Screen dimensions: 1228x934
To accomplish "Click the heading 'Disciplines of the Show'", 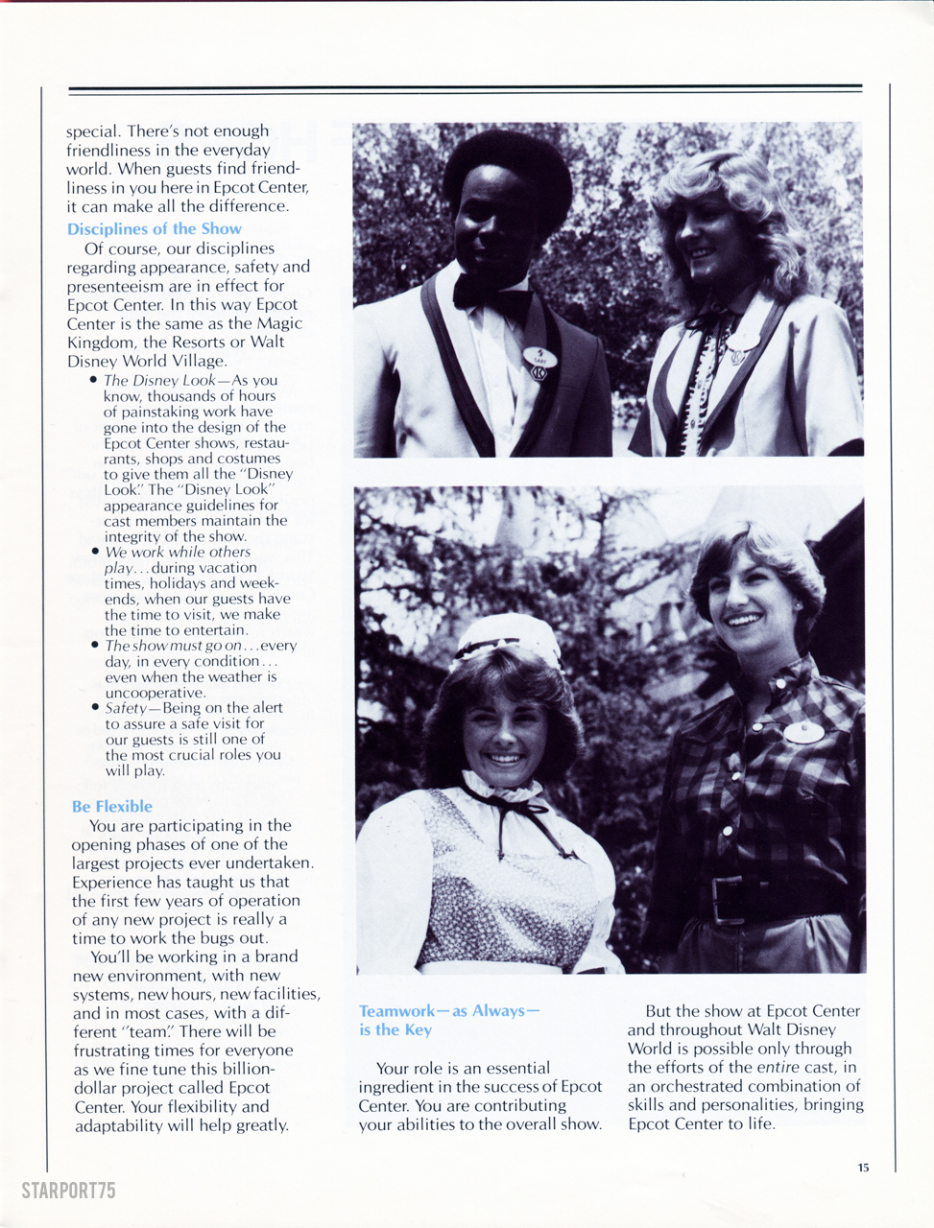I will point(154,229).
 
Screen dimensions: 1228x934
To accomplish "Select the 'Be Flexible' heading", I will point(111,807).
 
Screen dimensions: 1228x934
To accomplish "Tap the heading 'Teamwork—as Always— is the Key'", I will point(448,1020).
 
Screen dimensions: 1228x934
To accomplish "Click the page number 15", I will point(863,1168).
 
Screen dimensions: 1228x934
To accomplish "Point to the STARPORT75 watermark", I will point(68,1191).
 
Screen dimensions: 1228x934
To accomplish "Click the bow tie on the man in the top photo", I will point(491,291).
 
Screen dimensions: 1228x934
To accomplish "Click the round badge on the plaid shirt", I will point(803,732).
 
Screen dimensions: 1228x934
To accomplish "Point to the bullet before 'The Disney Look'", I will point(94,380).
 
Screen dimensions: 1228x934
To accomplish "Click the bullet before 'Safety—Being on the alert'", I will point(95,708).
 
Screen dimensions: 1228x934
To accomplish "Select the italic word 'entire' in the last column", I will point(778,1068).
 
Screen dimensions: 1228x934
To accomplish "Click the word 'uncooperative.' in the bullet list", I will point(155,693).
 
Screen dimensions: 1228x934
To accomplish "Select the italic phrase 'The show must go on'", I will point(173,646).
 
